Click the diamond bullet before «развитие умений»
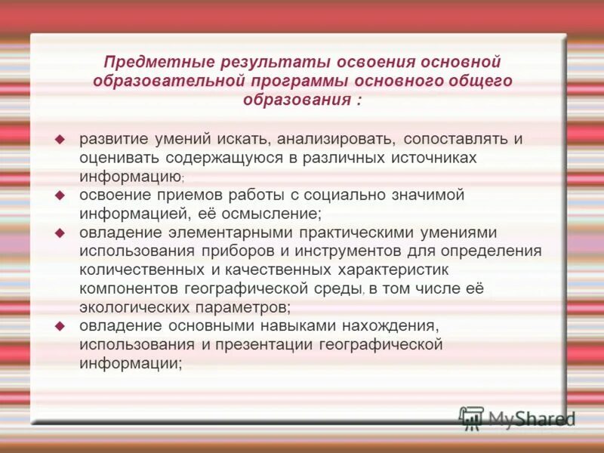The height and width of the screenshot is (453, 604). coord(61,140)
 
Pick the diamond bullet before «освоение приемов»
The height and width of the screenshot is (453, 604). coord(61,195)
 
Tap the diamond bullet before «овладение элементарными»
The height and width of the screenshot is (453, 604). coord(61,233)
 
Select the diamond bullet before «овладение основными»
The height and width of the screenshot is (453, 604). coord(61,325)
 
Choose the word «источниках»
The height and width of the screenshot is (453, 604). coord(436,158)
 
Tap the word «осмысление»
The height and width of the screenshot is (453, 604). coord(277,213)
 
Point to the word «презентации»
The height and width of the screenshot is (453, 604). coord(265,344)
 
